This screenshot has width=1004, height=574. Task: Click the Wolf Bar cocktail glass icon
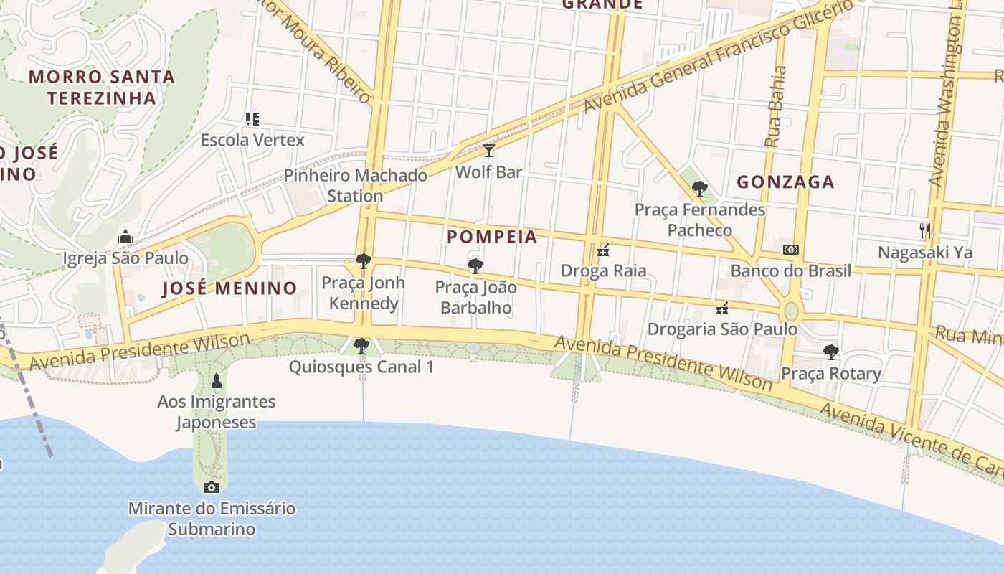pyautogui.click(x=489, y=151)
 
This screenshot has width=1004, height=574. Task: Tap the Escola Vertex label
pyautogui.click(x=252, y=140)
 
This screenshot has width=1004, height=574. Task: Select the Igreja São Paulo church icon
pyautogui.click(x=126, y=237)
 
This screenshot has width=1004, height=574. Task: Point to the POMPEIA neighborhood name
pyautogui.click(x=492, y=237)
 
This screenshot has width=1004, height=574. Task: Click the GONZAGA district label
pyautogui.click(x=786, y=182)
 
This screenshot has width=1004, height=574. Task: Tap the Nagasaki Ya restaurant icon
pyautogui.click(x=925, y=231)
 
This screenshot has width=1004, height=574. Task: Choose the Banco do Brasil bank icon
pyautogui.click(x=791, y=250)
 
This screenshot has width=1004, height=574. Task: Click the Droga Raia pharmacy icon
pyautogui.click(x=603, y=250)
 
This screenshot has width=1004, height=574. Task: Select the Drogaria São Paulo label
pyautogui.click(x=722, y=329)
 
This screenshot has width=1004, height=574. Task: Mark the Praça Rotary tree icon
pyautogui.click(x=831, y=352)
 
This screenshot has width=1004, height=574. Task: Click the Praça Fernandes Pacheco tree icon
pyautogui.click(x=700, y=189)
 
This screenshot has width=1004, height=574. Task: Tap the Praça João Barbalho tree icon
pyautogui.click(x=475, y=266)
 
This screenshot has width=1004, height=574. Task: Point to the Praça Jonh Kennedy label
pyautogui.click(x=363, y=293)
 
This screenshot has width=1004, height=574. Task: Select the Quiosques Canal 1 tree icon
pyautogui.click(x=361, y=346)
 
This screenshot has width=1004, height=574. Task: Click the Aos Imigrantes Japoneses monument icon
pyautogui.click(x=217, y=381)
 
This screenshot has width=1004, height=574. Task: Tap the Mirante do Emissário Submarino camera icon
pyautogui.click(x=212, y=488)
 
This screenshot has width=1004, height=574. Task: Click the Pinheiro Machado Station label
pyautogui.click(x=356, y=185)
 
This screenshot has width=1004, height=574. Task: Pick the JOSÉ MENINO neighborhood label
pyautogui.click(x=229, y=288)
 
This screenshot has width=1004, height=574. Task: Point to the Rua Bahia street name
pyautogui.click(x=776, y=107)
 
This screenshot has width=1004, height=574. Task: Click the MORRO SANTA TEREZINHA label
pyautogui.click(x=102, y=87)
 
